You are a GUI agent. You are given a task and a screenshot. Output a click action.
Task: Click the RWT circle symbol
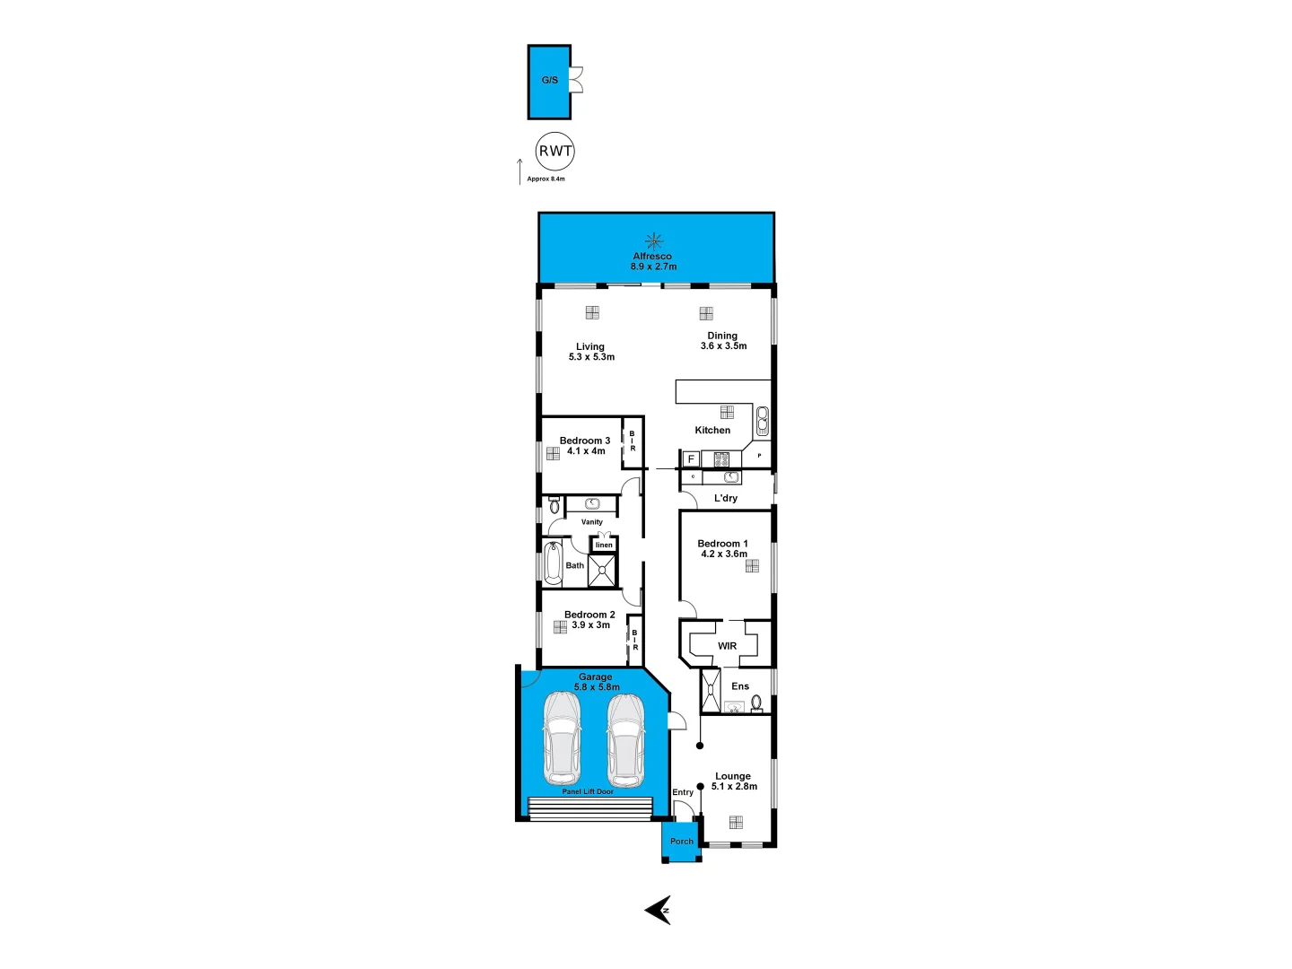[x=554, y=152]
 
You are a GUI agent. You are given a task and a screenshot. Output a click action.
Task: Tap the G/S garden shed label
[x=550, y=80]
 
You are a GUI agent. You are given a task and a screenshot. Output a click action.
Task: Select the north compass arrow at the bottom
[x=658, y=910]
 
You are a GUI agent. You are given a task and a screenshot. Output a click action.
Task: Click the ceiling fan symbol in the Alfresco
[x=654, y=240]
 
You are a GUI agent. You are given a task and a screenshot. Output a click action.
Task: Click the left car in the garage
[x=562, y=738]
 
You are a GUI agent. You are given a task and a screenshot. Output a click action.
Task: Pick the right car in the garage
[x=625, y=738]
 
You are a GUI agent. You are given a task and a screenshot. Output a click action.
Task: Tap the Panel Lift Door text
[x=588, y=791]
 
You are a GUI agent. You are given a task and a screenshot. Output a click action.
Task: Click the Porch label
[x=682, y=842]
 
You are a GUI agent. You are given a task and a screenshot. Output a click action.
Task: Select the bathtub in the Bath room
[x=553, y=563]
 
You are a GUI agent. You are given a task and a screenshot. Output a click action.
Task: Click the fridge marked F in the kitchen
[x=691, y=459]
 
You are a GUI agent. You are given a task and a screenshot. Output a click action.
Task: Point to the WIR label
[x=727, y=646]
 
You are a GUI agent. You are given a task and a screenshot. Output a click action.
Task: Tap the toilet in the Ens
[x=756, y=702]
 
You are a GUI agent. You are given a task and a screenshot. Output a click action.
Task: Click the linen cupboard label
[x=604, y=545]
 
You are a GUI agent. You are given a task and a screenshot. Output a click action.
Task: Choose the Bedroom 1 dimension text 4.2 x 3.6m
[x=723, y=554]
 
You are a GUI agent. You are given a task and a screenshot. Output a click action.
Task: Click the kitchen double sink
[x=762, y=420]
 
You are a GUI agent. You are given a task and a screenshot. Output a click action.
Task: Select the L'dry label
[x=726, y=498]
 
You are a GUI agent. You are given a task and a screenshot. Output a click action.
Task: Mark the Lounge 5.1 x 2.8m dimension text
[x=734, y=786]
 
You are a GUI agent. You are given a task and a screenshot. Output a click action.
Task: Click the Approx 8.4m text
[x=546, y=179]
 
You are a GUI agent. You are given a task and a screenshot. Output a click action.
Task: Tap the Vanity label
[x=592, y=521]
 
